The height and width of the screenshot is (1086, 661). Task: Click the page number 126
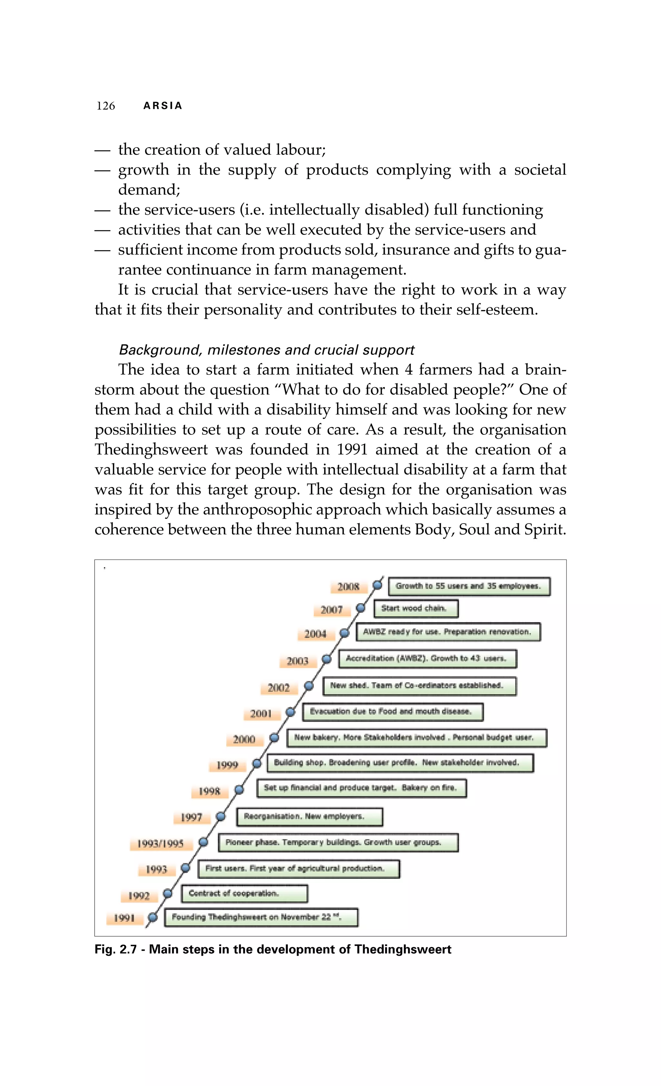[x=106, y=106]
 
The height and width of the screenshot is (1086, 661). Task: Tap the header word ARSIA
[x=163, y=106]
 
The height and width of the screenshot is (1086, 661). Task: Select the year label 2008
[x=348, y=587]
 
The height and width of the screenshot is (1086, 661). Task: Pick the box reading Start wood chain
[x=416, y=609]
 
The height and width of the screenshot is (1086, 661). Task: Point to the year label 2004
[x=315, y=634]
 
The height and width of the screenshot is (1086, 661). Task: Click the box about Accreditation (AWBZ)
[x=427, y=658]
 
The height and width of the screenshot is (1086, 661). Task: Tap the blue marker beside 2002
[x=309, y=686]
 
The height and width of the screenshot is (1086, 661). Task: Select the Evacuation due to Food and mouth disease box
[x=393, y=712]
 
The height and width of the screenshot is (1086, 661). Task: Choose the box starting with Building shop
[x=400, y=763]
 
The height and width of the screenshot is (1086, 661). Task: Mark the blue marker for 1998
[x=239, y=789]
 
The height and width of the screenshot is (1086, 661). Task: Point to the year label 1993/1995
[x=160, y=844]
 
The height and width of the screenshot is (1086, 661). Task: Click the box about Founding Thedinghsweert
[x=261, y=918]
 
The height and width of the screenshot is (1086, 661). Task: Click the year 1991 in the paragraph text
[x=351, y=450]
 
